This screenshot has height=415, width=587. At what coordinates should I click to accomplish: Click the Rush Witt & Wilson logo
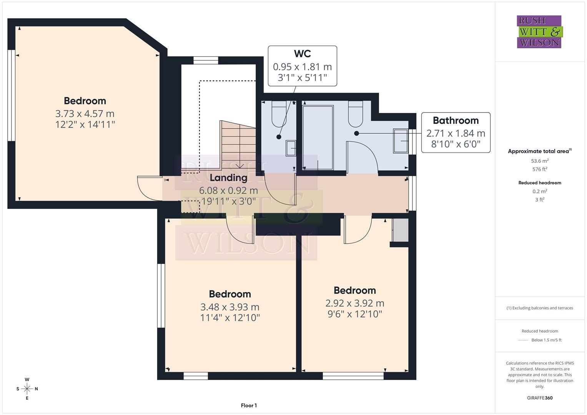pyautogui.click(x=539, y=32)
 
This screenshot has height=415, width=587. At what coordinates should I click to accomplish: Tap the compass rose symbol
pyautogui.click(x=27, y=389)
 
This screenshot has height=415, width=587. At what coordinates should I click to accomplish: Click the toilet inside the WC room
pyautogui.click(x=279, y=114)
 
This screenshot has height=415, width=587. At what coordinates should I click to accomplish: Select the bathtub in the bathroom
pyautogui.click(x=318, y=137)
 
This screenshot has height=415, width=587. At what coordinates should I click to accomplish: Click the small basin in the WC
pyautogui.click(x=291, y=148)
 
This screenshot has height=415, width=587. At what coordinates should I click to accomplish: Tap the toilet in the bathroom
pyautogui.click(x=356, y=114)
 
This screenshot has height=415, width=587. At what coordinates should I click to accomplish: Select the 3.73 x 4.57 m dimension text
pyautogui.click(x=85, y=114)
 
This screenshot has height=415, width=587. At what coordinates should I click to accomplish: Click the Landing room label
pyautogui.click(x=228, y=178)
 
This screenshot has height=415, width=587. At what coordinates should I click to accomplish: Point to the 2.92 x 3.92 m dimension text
pyautogui.click(x=354, y=303)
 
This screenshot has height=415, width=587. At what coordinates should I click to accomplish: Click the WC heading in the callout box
pyautogui.click(x=302, y=54)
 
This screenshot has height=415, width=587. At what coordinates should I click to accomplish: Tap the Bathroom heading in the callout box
pyautogui.click(x=456, y=121)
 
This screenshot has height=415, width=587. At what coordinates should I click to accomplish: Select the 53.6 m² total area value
pyautogui.click(x=540, y=161)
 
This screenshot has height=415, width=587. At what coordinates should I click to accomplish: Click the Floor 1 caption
pyautogui.click(x=249, y=405)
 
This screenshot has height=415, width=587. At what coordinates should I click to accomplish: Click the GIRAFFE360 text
pyautogui.click(x=540, y=398)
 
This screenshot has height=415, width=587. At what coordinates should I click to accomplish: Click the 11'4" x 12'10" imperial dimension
pyautogui.click(x=230, y=318)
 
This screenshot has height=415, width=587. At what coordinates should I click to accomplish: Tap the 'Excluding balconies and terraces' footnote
pyautogui.click(x=540, y=308)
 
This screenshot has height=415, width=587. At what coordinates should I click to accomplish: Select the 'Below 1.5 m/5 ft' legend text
pyautogui.click(x=546, y=340)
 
